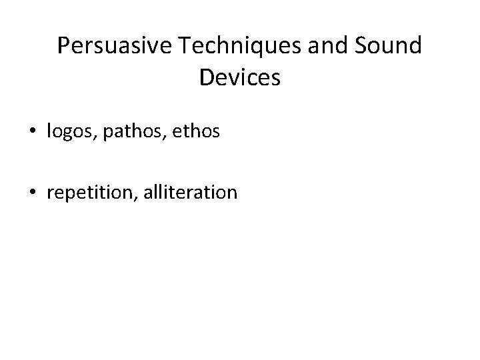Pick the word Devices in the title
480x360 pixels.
(x=239, y=78)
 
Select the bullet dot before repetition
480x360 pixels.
(x=33, y=193)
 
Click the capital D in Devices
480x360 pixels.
(x=205, y=78)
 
